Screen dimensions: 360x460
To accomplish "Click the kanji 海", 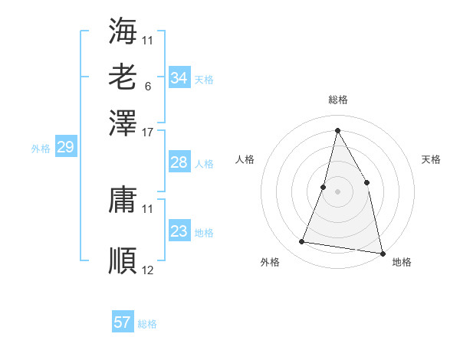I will [x=123, y=31].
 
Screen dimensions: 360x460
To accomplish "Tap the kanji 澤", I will [x=123, y=123].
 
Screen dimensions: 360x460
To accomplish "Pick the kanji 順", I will [x=123, y=260].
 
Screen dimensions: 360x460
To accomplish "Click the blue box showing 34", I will [x=179, y=78].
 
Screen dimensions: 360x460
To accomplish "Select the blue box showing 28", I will [x=179, y=162].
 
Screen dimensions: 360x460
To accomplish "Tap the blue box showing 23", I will [x=179, y=231].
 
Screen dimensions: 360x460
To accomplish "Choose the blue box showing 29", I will [x=65, y=148].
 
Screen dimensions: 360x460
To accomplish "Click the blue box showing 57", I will [x=122, y=322].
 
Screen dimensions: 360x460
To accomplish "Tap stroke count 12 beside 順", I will [x=148, y=270].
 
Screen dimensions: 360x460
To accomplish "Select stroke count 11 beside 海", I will [x=148, y=38].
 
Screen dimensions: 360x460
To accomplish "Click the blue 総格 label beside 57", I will [x=147, y=324].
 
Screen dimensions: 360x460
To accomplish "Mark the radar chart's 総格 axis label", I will [x=337, y=100].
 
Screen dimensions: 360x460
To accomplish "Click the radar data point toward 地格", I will [x=382, y=253].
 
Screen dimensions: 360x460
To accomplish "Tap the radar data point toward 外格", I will [x=302, y=242].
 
